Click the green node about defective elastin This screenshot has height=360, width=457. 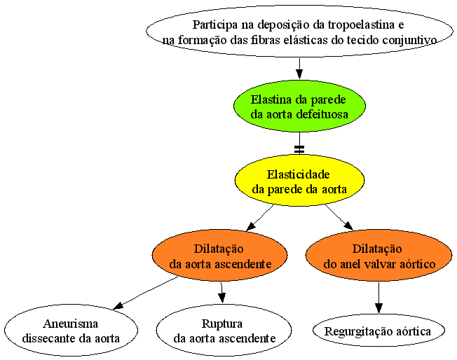pos(299,106)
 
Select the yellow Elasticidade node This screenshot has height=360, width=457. pos(299,181)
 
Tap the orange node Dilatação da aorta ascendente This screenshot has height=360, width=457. pos(219,256)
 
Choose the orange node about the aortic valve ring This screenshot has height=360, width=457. pos(379,256)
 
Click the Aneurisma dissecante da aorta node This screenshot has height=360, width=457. pos(71,331)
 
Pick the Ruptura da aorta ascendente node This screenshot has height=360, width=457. pos(224,331)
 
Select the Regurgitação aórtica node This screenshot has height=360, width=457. pos(378,331)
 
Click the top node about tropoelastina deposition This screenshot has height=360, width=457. pos(299,32)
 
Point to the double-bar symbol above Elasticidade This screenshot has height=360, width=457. pos(299,149)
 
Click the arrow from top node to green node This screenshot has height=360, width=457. pos(299,69)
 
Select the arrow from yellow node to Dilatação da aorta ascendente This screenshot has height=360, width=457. pos(259,218)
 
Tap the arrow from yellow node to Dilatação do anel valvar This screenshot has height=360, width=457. pos(339,217)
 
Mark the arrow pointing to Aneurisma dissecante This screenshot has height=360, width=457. pos(145,293)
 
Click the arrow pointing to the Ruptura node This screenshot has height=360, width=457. pos(221,293)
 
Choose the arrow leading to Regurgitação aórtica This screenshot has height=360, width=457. pos(378,298)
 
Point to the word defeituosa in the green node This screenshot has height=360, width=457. pos(322,114)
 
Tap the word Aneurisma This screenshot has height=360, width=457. pos(71,324)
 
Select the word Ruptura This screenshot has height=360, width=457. pos(221,324)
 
